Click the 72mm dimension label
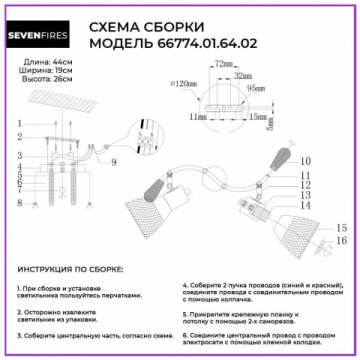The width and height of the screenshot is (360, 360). click(x=221, y=63)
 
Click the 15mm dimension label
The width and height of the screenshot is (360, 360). click(x=260, y=117)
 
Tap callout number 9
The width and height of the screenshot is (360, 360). click(x=112, y=161)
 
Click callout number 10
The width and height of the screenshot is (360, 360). click(x=305, y=160)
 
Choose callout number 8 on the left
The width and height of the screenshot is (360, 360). click(x=19, y=203)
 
